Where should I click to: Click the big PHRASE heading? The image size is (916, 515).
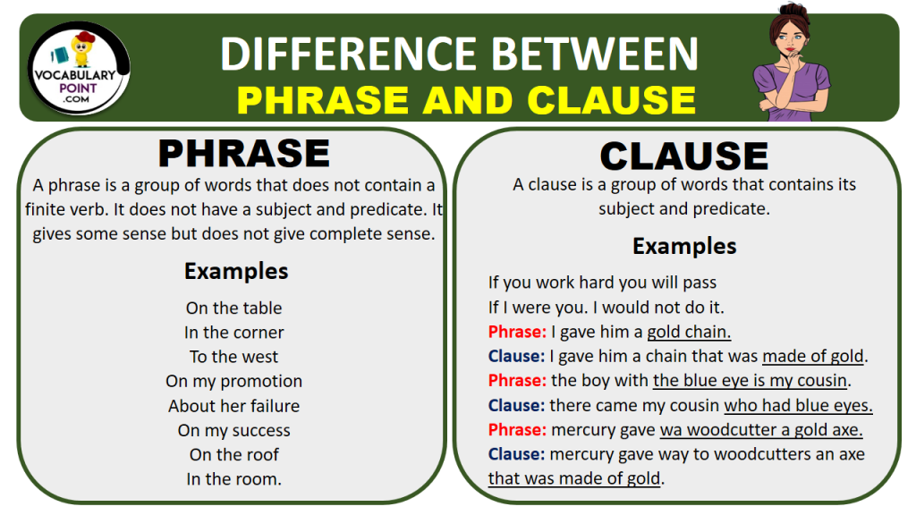click(x=243, y=154)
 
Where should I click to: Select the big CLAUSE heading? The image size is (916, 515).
click(x=683, y=156)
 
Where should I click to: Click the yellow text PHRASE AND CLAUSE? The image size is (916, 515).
click(x=466, y=100)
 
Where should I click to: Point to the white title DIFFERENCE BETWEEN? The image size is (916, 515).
click(x=459, y=55)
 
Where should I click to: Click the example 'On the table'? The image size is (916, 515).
click(x=233, y=308)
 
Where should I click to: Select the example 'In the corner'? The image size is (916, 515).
click(x=233, y=332)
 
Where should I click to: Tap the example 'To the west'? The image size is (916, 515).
click(x=233, y=357)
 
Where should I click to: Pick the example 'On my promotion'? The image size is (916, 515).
click(x=233, y=381)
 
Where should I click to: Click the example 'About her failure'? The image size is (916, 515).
click(x=233, y=406)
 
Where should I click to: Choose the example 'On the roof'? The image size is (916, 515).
click(x=233, y=454)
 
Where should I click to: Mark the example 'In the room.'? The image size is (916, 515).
click(x=233, y=479)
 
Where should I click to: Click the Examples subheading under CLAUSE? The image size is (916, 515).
click(x=684, y=246)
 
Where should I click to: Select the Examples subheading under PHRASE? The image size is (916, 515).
click(x=236, y=271)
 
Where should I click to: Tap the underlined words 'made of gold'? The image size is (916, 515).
click(x=813, y=356)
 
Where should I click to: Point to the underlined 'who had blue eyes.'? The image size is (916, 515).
click(x=798, y=405)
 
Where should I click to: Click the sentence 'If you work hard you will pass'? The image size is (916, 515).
click(x=602, y=283)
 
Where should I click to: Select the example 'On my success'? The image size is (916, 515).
click(x=233, y=430)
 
